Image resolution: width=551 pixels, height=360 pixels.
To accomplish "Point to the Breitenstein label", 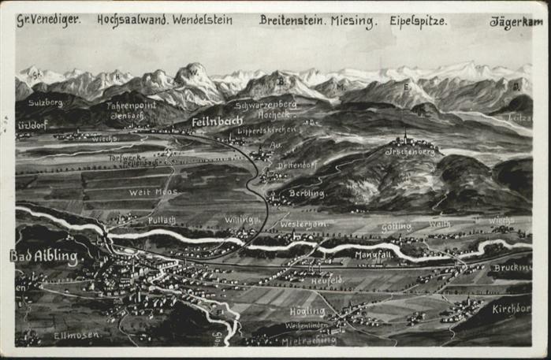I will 292,20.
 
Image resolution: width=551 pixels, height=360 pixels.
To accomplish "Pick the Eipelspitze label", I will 418,21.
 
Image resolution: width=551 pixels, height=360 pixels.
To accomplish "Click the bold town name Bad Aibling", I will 43,256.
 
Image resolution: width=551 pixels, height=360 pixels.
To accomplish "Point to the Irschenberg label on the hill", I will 410,150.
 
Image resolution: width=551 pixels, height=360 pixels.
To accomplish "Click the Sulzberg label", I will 45,102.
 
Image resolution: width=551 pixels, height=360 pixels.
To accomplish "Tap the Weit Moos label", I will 155,191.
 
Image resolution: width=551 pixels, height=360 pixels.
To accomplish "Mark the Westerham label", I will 303,225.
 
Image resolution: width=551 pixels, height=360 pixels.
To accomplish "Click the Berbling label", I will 307,193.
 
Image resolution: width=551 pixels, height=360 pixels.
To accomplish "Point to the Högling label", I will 307,310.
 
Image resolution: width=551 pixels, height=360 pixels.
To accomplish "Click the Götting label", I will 396,227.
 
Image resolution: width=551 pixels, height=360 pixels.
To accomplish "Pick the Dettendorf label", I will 296,165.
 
